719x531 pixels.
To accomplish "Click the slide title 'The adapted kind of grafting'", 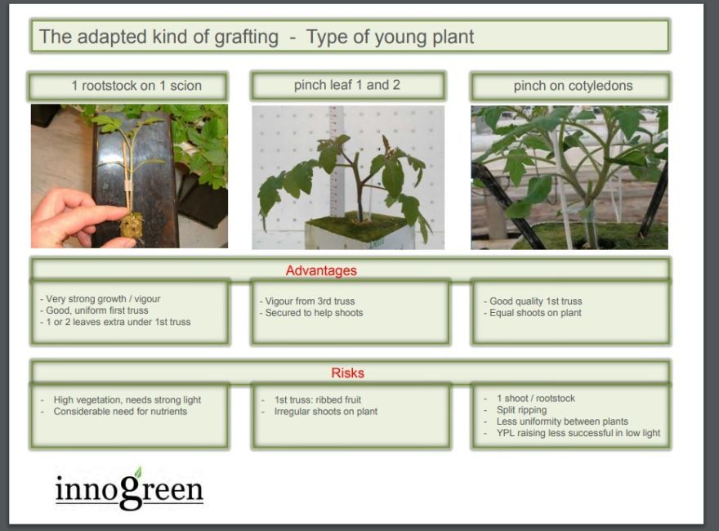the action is (159, 37).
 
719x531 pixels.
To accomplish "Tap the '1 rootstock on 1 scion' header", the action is (136, 86).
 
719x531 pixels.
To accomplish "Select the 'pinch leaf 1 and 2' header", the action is (347, 85).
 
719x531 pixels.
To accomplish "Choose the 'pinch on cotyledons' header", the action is (574, 86).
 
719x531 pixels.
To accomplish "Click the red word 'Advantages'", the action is (321, 270).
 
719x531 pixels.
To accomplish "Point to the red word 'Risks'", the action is (347, 373).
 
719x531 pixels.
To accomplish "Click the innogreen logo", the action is (129, 489).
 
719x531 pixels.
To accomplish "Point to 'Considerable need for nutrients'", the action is (120, 411).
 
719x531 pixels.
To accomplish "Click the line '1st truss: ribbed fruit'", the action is (318, 399).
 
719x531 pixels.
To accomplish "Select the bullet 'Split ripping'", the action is (521, 410).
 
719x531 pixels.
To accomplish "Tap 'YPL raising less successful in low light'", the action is (578, 433).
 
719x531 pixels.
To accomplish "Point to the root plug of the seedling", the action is (132, 225).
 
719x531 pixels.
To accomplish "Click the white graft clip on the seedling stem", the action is (128, 185).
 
